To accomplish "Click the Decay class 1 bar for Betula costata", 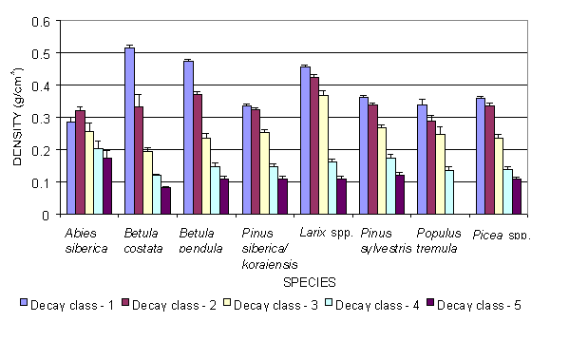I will [130, 131].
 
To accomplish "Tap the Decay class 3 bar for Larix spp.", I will [350, 155].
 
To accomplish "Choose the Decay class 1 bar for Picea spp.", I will [481, 156].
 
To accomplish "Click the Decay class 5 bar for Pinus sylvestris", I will [400, 195].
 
